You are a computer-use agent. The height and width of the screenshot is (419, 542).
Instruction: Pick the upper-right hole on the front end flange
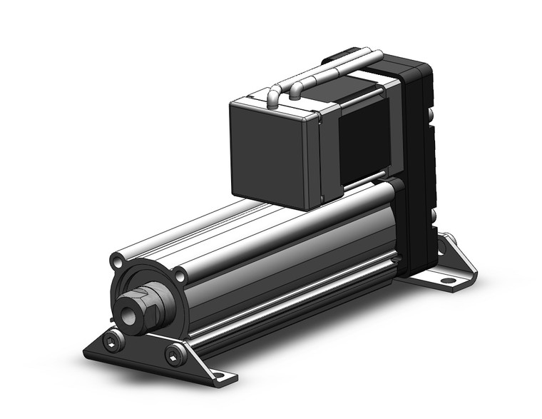[x=180, y=273]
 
